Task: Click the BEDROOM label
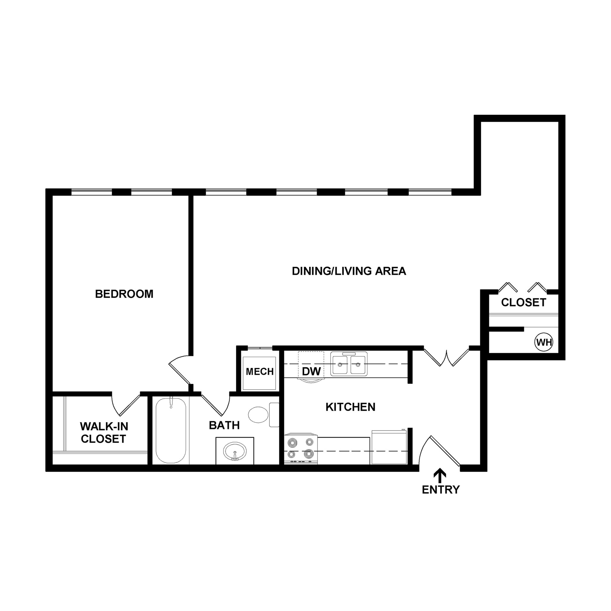124,294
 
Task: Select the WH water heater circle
544,342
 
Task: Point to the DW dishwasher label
311,372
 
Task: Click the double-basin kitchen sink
349,364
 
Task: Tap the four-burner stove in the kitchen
300,449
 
